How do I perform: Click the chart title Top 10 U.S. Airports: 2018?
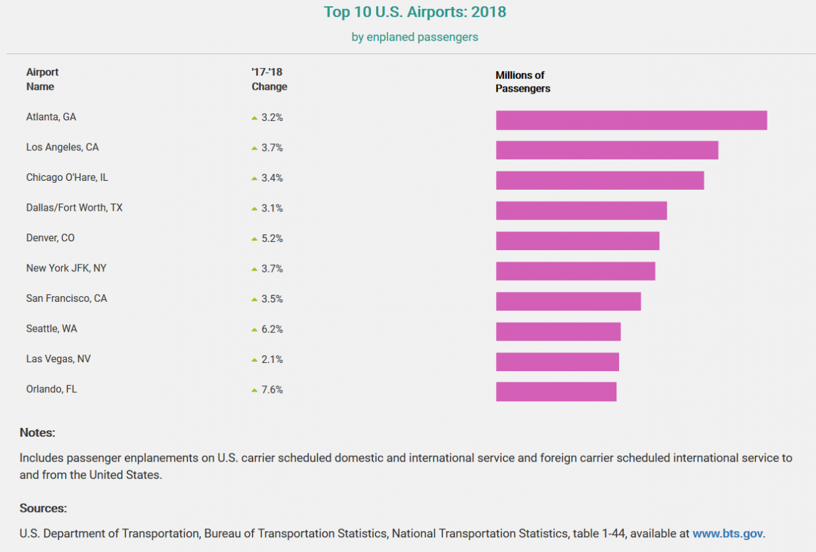click(414, 12)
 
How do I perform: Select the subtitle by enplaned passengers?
click(414, 37)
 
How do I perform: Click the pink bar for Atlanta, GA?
click(631, 120)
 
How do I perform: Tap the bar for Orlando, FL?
click(556, 392)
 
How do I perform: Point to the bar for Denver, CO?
click(578, 241)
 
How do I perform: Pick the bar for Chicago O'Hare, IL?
click(600, 180)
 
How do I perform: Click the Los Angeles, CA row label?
click(62, 148)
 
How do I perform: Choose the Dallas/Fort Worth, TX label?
click(74, 208)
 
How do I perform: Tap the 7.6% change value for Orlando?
click(272, 390)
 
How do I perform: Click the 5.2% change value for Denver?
click(272, 239)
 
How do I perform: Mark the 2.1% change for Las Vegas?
click(272, 360)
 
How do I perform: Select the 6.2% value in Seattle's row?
click(272, 329)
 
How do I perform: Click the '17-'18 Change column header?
click(269, 80)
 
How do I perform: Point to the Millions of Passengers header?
click(523, 82)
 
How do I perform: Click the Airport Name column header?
click(41, 80)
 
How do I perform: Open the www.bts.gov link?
click(727, 534)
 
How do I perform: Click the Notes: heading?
click(38, 433)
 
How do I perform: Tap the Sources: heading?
click(43, 508)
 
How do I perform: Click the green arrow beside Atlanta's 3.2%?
click(254, 118)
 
